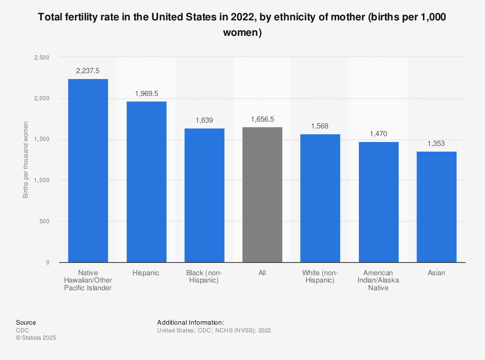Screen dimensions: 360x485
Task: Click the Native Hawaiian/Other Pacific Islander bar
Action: point(88,171)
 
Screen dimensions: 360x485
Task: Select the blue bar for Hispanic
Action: point(146,182)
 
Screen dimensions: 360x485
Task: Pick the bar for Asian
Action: point(436,207)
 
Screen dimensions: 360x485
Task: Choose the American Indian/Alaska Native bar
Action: point(378,202)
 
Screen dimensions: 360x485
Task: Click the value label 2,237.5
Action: point(88,71)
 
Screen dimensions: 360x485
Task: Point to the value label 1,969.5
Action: point(146,93)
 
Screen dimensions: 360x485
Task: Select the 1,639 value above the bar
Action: point(204,120)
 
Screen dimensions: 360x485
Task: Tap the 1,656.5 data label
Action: point(262,119)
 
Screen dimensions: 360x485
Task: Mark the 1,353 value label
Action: point(436,143)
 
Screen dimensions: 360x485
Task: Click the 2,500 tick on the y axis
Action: point(41,58)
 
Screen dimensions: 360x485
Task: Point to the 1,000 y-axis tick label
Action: point(41,180)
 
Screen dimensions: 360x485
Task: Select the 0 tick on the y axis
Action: point(48,263)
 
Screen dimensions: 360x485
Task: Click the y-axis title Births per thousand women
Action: point(25,160)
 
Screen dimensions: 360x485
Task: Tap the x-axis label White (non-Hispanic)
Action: point(320,277)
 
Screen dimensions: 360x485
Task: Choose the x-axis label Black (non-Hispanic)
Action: point(204,277)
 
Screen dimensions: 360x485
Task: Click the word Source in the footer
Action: point(26,323)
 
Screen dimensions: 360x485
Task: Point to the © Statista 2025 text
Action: point(36,338)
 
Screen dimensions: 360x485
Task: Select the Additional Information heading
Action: point(190,323)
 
